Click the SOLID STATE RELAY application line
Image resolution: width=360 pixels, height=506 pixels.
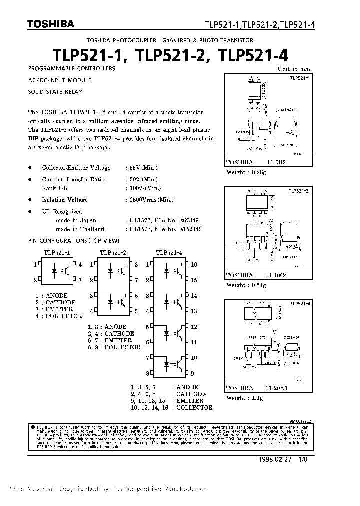(x=55, y=92)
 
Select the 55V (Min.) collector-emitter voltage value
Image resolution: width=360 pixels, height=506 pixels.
(x=142, y=168)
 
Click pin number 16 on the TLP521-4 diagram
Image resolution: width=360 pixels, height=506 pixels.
(x=194, y=264)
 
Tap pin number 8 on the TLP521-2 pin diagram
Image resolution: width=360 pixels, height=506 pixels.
(x=136, y=264)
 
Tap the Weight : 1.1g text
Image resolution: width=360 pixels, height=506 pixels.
(x=244, y=398)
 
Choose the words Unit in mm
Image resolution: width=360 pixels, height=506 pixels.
(x=294, y=69)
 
